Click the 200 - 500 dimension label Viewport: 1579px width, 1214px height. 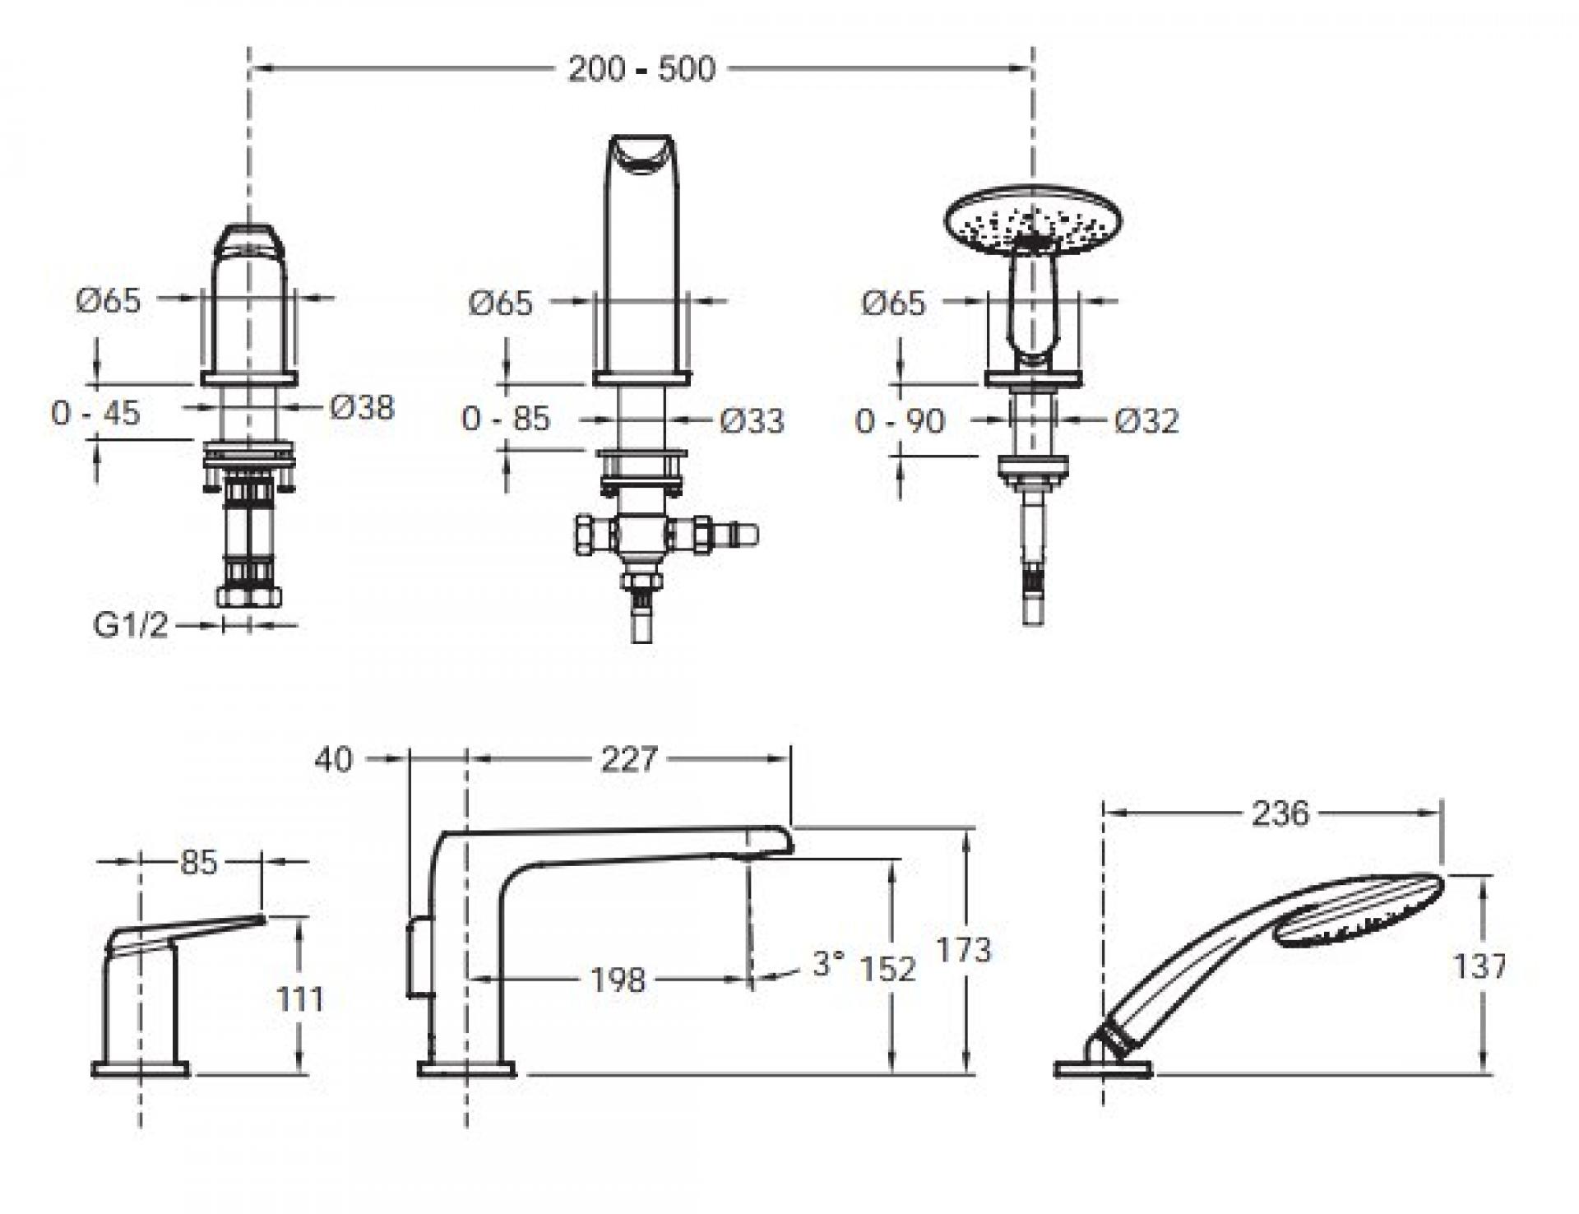click(641, 69)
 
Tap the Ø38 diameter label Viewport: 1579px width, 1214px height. click(363, 407)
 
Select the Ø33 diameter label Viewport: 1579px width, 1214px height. click(752, 421)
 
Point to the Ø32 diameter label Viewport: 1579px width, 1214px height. click(1147, 421)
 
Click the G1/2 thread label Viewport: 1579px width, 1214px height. click(131, 626)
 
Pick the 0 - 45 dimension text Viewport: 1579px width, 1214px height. click(95, 413)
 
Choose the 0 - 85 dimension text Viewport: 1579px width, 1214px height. click(505, 419)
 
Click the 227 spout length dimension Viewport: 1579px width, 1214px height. click(629, 759)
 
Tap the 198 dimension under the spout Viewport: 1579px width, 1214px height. click(618, 980)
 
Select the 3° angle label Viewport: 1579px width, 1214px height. click(828, 964)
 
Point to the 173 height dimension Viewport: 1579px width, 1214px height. click(964, 951)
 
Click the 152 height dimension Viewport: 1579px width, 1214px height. click(888, 969)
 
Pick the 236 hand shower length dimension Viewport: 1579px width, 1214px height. click(1280, 814)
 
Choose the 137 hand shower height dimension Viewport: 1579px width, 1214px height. click(1480, 966)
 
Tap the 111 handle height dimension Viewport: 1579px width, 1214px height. click(300, 999)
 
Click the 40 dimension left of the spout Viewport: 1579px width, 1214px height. click(333, 759)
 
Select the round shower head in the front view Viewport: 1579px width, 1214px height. click(1034, 215)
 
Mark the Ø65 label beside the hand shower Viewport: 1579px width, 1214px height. click(894, 303)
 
